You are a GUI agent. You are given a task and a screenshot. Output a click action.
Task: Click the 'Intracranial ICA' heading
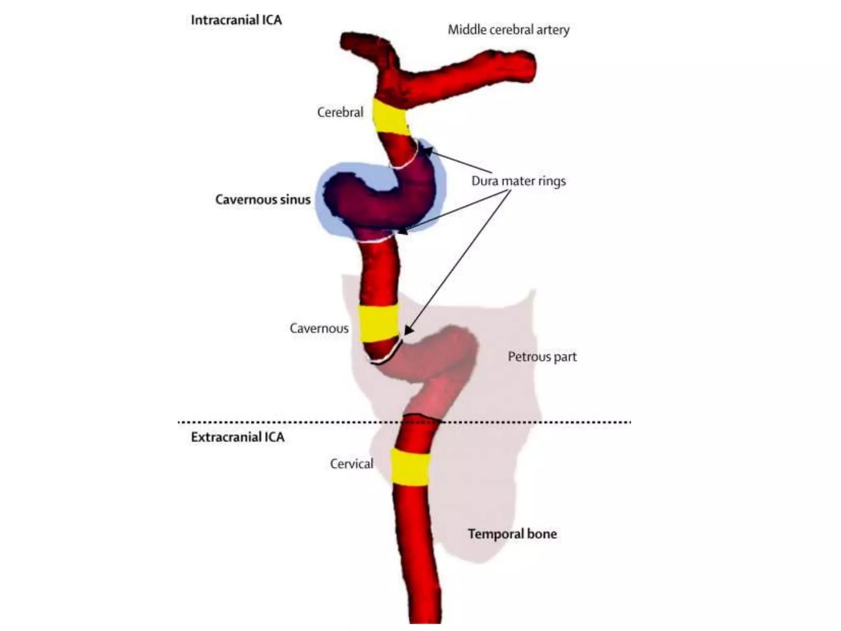(x=236, y=20)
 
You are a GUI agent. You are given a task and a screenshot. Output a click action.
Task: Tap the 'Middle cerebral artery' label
(x=508, y=30)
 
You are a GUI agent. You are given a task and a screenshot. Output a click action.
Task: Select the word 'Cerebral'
(x=340, y=112)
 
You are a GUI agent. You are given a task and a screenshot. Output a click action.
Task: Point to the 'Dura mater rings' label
(x=518, y=181)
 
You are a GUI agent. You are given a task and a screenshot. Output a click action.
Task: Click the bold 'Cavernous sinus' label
(x=263, y=200)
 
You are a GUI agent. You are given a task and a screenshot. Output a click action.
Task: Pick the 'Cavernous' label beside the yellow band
(x=319, y=328)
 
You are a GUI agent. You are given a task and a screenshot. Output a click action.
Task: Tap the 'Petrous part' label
(x=542, y=357)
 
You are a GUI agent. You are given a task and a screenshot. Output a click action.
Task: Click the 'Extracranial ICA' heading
(x=237, y=437)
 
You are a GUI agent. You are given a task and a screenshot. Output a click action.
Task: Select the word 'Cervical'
(x=352, y=464)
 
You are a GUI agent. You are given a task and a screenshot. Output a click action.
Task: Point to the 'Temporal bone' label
(x=512, y=534)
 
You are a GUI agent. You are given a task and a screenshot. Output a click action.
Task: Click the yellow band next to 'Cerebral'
(x=391, y=117)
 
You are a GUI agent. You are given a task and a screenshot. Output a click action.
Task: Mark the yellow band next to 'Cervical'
(x=410, y=467)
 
